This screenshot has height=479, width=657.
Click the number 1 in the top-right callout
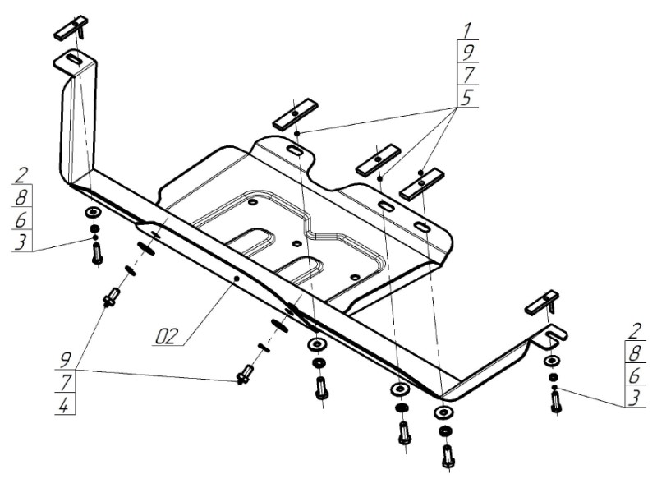point(467,30)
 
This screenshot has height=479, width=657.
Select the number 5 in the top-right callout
point(466,97)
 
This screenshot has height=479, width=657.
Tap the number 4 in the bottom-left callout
point(64,405)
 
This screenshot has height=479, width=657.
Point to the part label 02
point(168,336)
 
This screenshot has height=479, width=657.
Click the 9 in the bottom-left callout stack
point(65,360)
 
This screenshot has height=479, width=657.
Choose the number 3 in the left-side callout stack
point(21,242)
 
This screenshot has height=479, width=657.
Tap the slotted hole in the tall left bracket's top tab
point(75,59)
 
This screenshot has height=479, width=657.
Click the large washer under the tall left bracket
point(93,213)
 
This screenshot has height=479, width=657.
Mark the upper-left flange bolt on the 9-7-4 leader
point(112,297)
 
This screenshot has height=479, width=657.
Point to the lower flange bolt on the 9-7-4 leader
point(245,374)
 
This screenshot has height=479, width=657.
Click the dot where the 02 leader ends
point(237,279)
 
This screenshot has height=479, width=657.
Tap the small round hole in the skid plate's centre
point(296,244)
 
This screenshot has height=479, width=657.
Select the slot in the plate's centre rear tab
point(294,150)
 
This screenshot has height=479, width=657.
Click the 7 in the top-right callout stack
point(467,75)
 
